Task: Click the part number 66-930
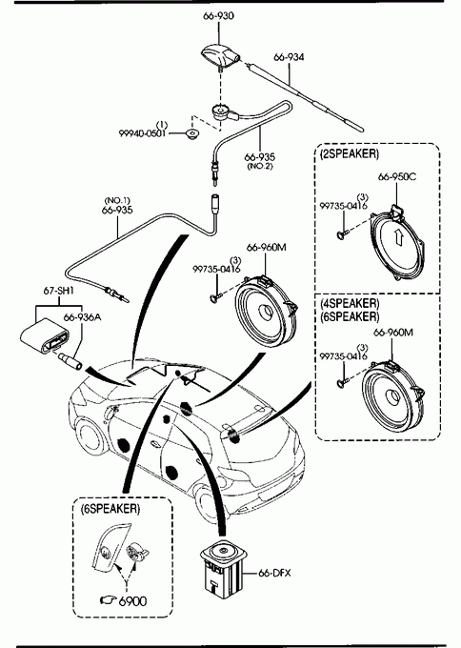click(218, 16)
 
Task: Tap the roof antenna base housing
click(221, 55)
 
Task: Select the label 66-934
click(289, 57)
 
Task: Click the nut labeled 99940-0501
click(192, 134)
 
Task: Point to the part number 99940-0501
click(142, 133)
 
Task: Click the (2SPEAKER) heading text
click(349, 153)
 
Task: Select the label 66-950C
click(397, 177)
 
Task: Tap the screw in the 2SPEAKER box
click(343, 234)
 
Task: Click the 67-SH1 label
click(58, 291)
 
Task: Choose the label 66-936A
click(82, 317)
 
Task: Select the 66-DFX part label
click(274, 574)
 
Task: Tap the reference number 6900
click(132, 601)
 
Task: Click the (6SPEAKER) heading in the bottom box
click(110, 509)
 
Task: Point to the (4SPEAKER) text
click(350, 303)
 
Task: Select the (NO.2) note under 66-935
click(260, 167)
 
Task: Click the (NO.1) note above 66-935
click(117, 201)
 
